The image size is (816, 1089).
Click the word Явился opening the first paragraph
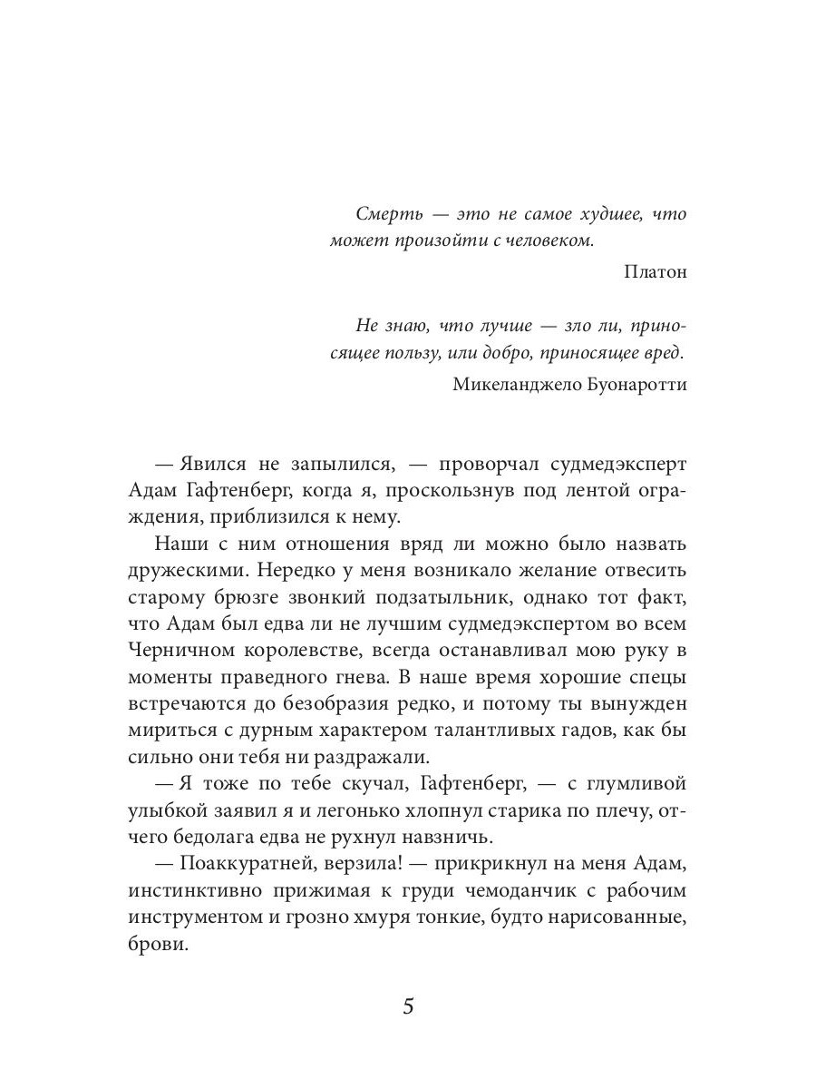coord(209,464)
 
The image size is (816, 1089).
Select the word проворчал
coord(489,464)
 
